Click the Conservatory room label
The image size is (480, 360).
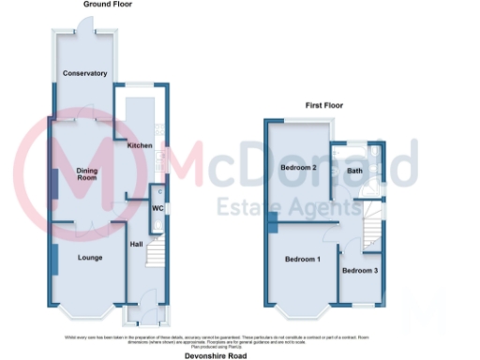point(84,73)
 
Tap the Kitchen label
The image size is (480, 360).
point(140,146)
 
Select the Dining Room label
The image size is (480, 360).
point(87,173)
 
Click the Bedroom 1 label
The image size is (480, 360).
point(303,259)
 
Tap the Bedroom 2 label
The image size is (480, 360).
point(298,168)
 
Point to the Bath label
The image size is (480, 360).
point(355,172)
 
